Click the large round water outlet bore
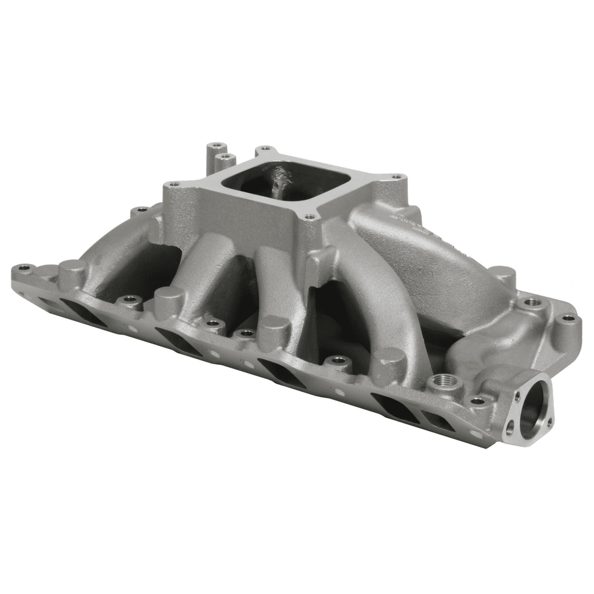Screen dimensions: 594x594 coord(536,399)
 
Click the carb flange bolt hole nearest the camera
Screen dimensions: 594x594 coord(310,216)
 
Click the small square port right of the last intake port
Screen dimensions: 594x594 coord(433,420)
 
